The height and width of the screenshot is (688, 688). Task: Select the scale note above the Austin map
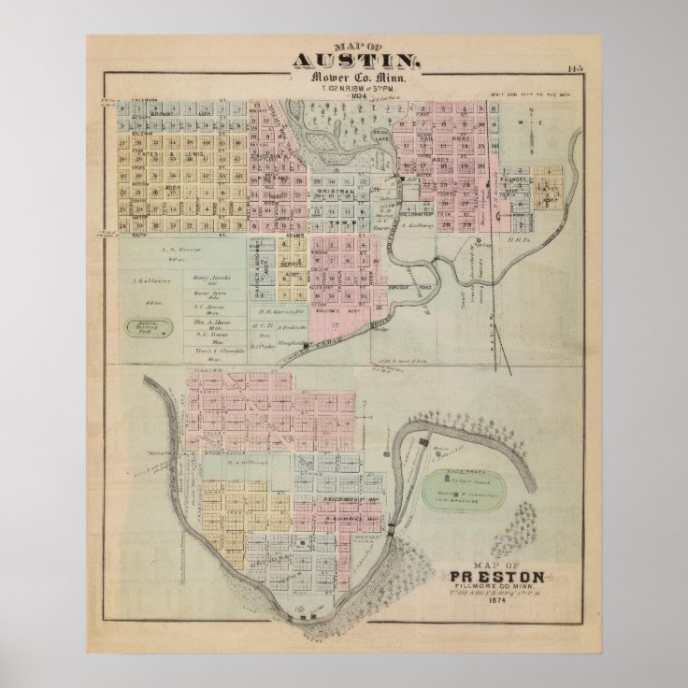tap(532, 95)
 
